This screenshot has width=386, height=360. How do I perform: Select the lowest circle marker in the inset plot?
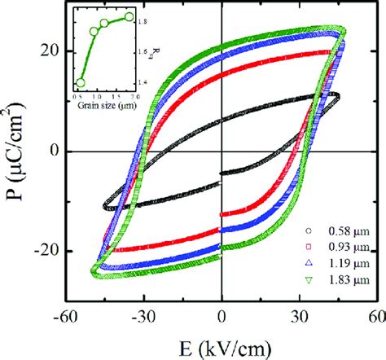click(x=81, y=83)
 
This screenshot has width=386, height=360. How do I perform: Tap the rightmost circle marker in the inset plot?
click(x=129, y=16)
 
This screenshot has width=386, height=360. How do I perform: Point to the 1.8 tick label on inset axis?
click(x=144, y=19)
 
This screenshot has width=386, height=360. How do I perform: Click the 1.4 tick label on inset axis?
click(x=144, y=81)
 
